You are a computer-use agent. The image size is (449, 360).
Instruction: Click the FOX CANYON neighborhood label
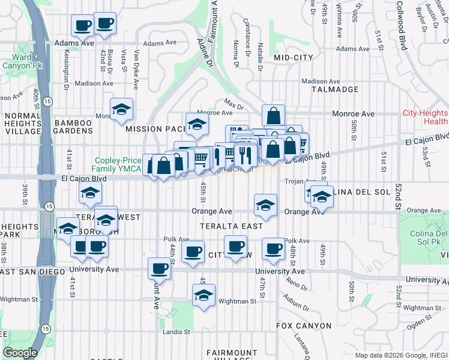[304, 326]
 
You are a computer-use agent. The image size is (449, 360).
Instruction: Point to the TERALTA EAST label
[232, 226]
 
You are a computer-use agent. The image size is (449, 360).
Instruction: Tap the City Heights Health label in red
[425, 117]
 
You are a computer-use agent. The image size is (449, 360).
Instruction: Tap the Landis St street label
[178, 331]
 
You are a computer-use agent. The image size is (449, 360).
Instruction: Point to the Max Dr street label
[232, 103]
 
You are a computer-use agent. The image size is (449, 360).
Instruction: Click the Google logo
[20, 353]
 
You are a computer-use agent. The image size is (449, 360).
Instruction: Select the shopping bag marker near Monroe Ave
[273, 115]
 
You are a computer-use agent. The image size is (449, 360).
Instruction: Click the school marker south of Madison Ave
[121, 109]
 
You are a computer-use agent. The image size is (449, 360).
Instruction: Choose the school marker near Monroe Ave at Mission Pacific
[196, 124]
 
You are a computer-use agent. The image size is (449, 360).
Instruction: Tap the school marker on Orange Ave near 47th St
[265, 205]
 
